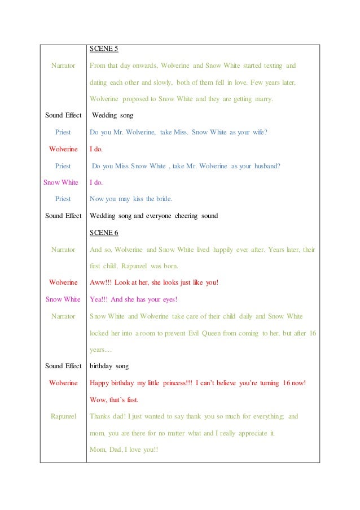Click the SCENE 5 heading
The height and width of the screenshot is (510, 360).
click(x=104, y=50)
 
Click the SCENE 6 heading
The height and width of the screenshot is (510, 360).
click(x=104, y=232)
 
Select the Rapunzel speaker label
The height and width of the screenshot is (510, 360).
click(x=63, y=416)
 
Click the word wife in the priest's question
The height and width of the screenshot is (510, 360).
click(x=256, y=132)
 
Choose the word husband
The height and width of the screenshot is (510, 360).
click(x=264, y=165)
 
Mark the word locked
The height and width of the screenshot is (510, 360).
click(x=101, y=333)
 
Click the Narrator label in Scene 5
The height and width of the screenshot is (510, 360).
click(x=63, y=66)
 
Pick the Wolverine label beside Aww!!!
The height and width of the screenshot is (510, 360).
click(x=63, y=282)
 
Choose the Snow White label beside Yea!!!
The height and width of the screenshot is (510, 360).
click(x=63, y=299)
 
